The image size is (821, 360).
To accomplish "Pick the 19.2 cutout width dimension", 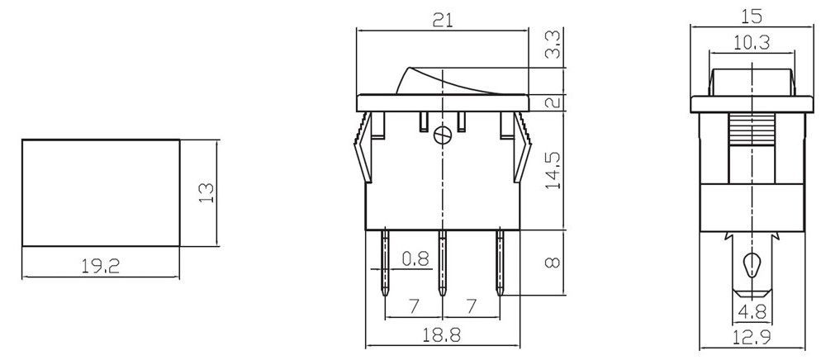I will (x=99, y=266).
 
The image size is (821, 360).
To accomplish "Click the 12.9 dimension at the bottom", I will (x=751, y=335).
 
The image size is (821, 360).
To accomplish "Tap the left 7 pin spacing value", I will (x=413, y=306).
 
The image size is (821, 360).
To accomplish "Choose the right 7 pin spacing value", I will (x=471, y=306).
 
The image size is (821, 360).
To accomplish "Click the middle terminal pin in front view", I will (x=443, y=264).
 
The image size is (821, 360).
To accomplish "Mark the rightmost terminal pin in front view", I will (x=500, y=264).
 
